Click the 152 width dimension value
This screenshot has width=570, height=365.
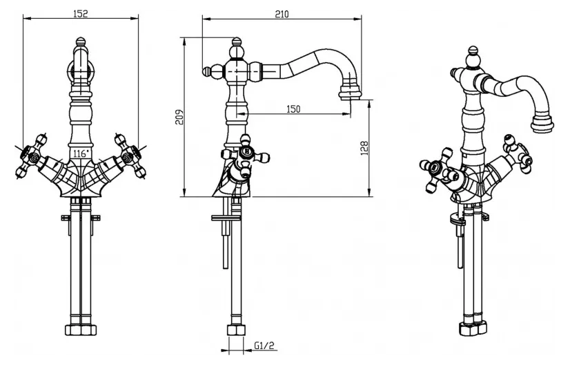80,14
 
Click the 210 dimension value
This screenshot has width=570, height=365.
282,14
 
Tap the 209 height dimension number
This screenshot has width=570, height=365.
179,117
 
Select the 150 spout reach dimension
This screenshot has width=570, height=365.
294,109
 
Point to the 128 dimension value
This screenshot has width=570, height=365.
364,148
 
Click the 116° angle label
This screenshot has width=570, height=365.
80,153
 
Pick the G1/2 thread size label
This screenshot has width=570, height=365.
264,346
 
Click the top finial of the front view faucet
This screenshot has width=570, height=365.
81,41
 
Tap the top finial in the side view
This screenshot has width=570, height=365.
237,41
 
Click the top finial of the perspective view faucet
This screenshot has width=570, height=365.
473,51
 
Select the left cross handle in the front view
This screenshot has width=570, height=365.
32,156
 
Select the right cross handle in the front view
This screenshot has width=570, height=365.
129,156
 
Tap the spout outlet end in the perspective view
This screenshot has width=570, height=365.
542,124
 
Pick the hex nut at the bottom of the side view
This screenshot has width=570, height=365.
235,330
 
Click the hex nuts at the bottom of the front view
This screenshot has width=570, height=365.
81,330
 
